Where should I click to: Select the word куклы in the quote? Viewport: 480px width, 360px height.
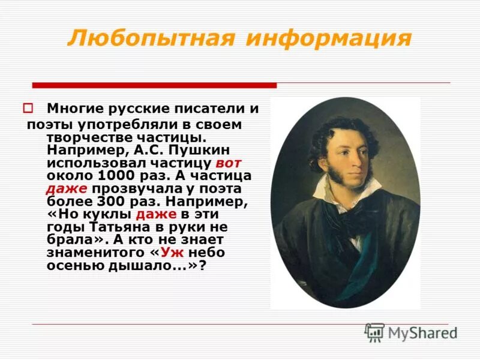coord(110,214)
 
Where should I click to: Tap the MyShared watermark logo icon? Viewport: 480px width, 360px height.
coord(374,332)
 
